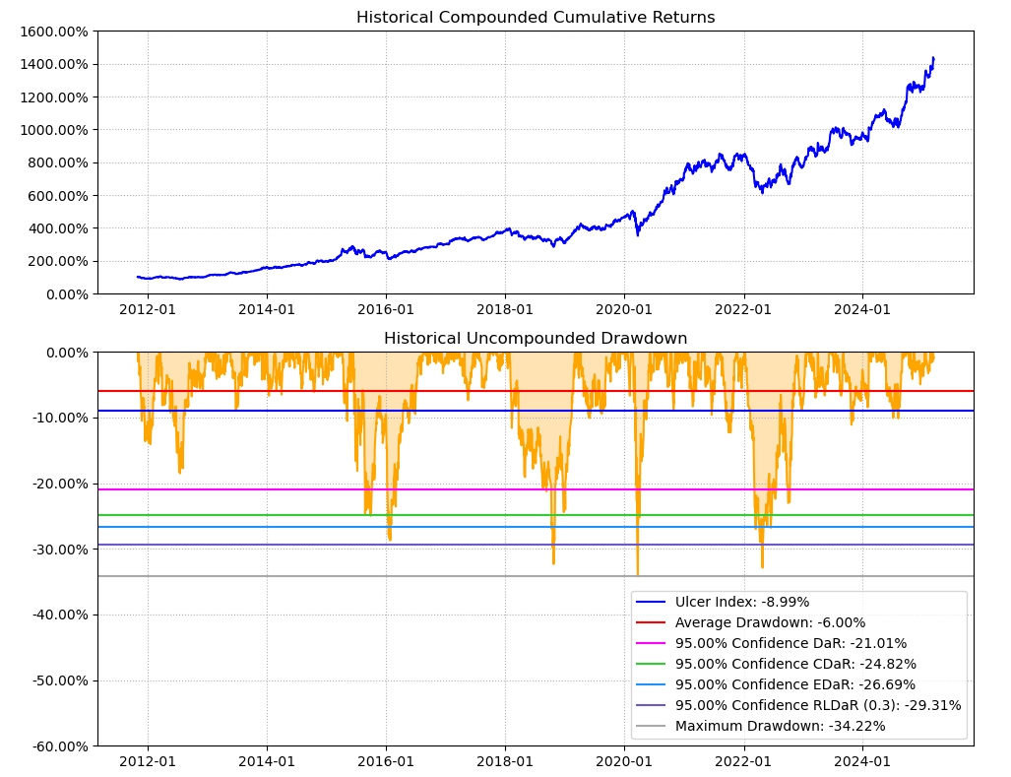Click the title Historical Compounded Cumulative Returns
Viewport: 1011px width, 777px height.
536,18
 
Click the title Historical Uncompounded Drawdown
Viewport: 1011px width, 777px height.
536,339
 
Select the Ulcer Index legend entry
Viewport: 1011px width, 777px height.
742,602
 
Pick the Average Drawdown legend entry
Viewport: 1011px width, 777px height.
770,622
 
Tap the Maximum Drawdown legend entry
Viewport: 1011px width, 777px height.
780,726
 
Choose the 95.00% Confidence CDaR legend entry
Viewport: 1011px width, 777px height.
795,664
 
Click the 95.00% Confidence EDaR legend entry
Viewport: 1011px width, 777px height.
794,684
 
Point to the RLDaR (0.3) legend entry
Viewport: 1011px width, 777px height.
818,705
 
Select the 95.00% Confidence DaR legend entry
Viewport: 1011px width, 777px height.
790,643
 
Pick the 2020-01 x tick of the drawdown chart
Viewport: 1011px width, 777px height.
624,761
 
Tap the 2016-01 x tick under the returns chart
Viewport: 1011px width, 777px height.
386,309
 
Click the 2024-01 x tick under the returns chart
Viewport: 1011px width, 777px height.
862,309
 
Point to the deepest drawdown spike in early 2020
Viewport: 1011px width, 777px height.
637,574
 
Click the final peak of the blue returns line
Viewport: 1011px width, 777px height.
933,58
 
